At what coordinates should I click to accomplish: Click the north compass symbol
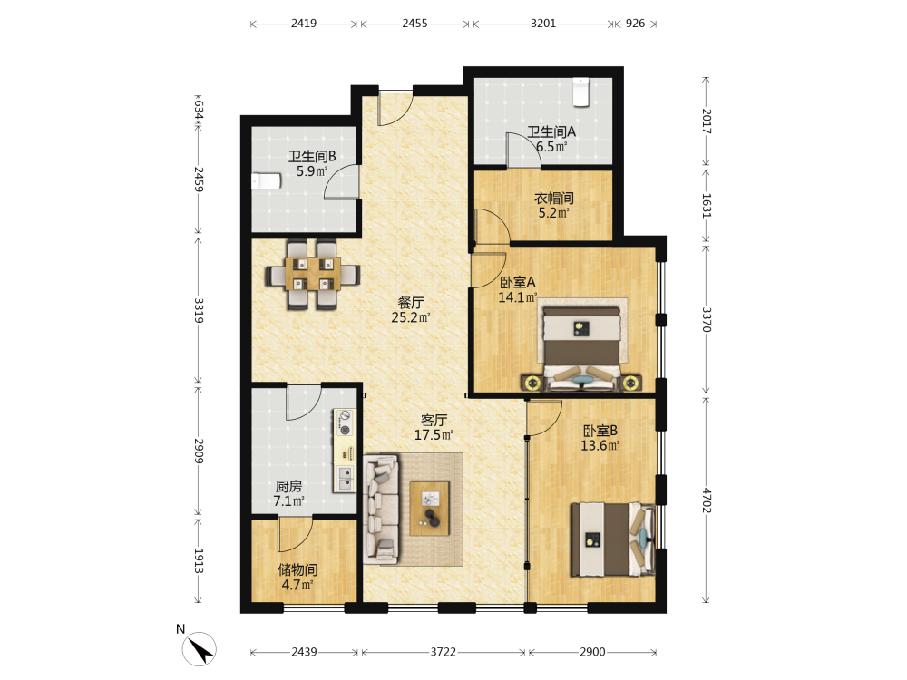[199, 648]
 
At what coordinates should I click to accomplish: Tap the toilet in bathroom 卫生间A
[580, 92]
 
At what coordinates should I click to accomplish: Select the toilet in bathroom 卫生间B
[266, 181]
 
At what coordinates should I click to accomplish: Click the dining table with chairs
[313, 274]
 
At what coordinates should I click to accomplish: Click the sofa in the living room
[381, 510]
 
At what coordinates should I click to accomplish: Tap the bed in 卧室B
[613, 539]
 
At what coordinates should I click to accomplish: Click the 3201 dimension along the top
[543, 24]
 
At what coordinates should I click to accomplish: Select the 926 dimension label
[635, 24]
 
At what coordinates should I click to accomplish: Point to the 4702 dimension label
[707, 500]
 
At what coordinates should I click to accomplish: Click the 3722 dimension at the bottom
[444, 652]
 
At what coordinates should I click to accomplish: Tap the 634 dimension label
[199, 110]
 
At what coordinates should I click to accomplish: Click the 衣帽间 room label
[553, 199]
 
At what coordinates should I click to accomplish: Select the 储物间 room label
[297, 570]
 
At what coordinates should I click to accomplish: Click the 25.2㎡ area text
[411, 317]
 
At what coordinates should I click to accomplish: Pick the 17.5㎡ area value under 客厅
[434, 435]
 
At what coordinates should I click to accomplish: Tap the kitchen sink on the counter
[344, 479]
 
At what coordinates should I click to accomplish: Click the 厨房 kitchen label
[288, 487]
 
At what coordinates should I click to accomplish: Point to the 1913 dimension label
[199, 561]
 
